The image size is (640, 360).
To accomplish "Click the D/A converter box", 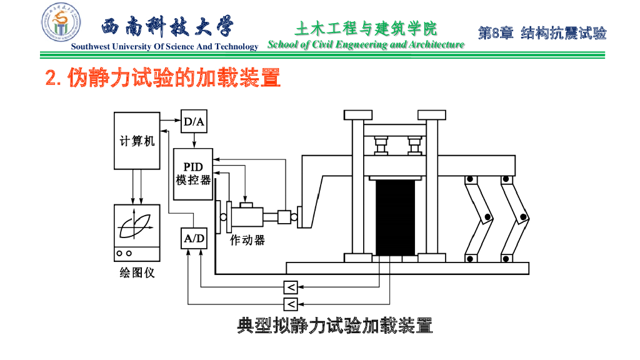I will pos(193,121).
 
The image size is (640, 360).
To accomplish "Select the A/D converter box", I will pos(193,238).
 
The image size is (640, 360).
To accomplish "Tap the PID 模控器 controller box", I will pos(192,174).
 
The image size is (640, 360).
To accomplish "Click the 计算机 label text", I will pos(137,142).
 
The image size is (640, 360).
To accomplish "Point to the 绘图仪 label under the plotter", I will pos(137,273).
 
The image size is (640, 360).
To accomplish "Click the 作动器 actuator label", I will pos(247,241).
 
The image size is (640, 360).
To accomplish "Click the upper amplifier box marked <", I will pos(291,287).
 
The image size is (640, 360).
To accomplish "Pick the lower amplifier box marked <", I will pos(291,304).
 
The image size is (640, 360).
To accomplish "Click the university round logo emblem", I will pos(61,22).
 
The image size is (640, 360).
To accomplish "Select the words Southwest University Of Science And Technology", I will pos(164,47).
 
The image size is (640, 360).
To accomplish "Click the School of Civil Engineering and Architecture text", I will pos(366,44).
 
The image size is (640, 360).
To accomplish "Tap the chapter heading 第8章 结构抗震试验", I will pos(542,33).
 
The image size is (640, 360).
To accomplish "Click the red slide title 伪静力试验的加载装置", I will pos(164,78).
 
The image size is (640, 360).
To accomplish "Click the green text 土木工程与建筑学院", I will pos(366,28).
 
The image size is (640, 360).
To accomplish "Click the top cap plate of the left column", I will pos(358,114).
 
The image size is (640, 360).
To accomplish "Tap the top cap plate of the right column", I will pos(432,114).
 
